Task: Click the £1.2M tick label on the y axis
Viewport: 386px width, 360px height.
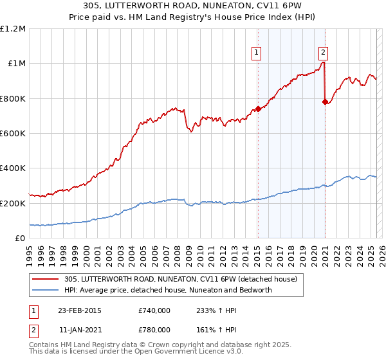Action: pyautogui.click(x=13, y=29)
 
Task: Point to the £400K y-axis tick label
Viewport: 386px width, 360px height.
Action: pyautogui.click(x=13, y=168)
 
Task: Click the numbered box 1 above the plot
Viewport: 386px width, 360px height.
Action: pyautogui.click(x=257, y=53)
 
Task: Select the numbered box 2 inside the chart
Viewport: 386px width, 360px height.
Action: pyautogui.click(x=322, y=53)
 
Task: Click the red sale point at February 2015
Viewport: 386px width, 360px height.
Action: pyautogui.click(x=258, y=109)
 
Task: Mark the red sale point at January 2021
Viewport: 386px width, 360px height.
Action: pyautogui.click(x=325, y=102)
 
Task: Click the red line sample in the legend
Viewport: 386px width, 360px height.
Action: pyautogui.click(x=46, y=280)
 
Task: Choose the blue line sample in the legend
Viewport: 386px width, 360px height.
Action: pyautogui.click(x=46, y=290)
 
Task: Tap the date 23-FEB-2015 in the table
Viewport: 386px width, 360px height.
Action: pyautogui.click(x=79, y=310)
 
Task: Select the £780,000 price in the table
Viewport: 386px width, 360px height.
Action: pyautogui.click(x=154, y=329)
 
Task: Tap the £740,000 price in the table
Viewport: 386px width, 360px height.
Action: pyautogui.click(x=154, y=310)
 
